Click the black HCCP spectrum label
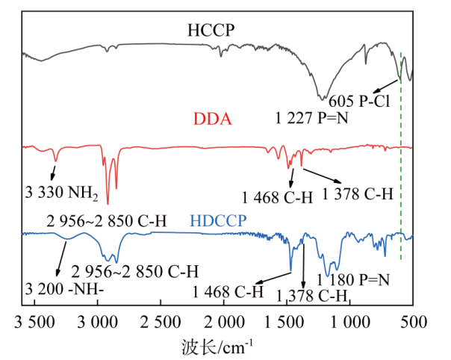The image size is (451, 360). click(211, 30)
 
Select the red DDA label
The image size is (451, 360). click(213, 119)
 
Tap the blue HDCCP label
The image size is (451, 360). click(218, 221)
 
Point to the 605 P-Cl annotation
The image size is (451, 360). click(359, 101)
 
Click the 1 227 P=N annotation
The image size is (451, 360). click(312, 118)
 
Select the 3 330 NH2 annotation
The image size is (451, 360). click(61, 192)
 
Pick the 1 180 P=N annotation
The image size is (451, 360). click(353, 280)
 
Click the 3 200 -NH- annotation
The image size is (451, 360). click(64, 289)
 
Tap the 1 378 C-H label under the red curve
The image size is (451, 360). click(358, 193)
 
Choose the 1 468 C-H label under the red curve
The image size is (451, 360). click(277, 198)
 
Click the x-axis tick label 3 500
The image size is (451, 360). click(34, 322)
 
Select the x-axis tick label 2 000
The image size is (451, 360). click(224, 322)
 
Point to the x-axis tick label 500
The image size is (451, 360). click(414, 322)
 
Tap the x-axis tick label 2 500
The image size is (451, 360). click(161, 322)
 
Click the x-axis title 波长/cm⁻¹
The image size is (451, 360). click(217, 347)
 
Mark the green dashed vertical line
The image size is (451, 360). click(401, 156)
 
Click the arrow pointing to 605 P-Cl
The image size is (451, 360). click(385, 87)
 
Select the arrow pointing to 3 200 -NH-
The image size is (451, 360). click(62, 259)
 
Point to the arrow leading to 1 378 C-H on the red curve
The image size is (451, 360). click(322, 176)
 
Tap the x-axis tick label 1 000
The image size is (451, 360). click(350, 322)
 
